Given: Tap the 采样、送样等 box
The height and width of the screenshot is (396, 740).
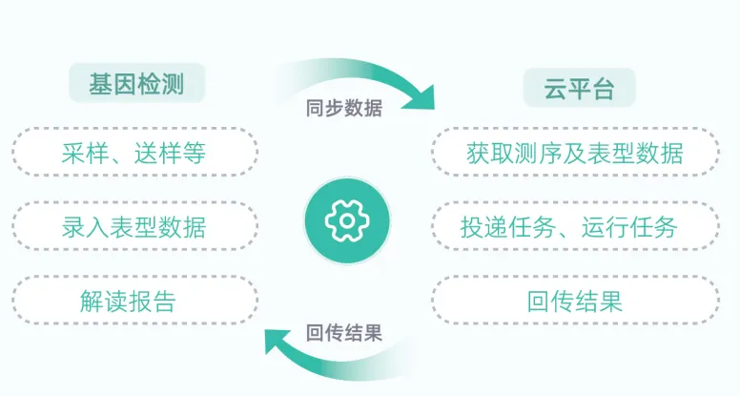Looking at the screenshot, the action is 134,152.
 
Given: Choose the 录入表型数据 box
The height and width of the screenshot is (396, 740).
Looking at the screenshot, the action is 134,226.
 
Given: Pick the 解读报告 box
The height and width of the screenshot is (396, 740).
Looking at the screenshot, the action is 134,301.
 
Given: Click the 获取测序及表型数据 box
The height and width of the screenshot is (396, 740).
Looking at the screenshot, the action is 574,152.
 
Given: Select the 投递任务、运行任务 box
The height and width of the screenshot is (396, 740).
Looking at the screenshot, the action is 574,226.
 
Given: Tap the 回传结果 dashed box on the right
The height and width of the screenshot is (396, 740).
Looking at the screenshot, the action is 574,301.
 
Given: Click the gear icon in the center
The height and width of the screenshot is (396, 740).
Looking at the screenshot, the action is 347,221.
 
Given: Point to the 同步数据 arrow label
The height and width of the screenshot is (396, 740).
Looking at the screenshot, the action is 344,108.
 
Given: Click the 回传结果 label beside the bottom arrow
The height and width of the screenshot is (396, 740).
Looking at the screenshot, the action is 344,333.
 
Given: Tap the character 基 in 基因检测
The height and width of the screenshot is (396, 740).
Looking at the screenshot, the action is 100,83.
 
